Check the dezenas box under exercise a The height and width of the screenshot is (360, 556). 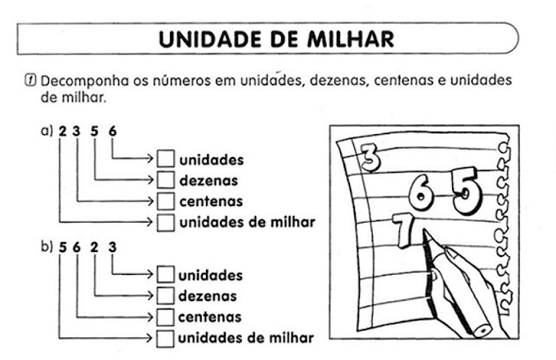(x=166, y=179)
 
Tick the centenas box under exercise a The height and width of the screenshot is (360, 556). (x=166, y=200)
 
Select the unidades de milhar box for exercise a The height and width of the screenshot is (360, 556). (x=166, y=222)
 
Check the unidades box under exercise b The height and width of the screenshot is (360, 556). (x=166, y=275)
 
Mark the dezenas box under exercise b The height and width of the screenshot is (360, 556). (x=166, y=295)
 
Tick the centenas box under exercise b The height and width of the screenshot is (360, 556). (x=166, y=316)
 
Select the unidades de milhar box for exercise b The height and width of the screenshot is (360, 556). (x=166, y=337)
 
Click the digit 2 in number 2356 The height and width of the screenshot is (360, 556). (x=62, y=129)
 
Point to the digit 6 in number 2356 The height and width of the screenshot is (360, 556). (x=112, y=129)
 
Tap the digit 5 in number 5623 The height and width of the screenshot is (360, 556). (x=62, y=245)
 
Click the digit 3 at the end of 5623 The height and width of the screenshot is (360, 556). (x=112, y=245)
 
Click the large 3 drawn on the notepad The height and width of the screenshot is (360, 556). (x=370, y=158)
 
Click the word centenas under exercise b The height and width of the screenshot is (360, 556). (x=210, y=317)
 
